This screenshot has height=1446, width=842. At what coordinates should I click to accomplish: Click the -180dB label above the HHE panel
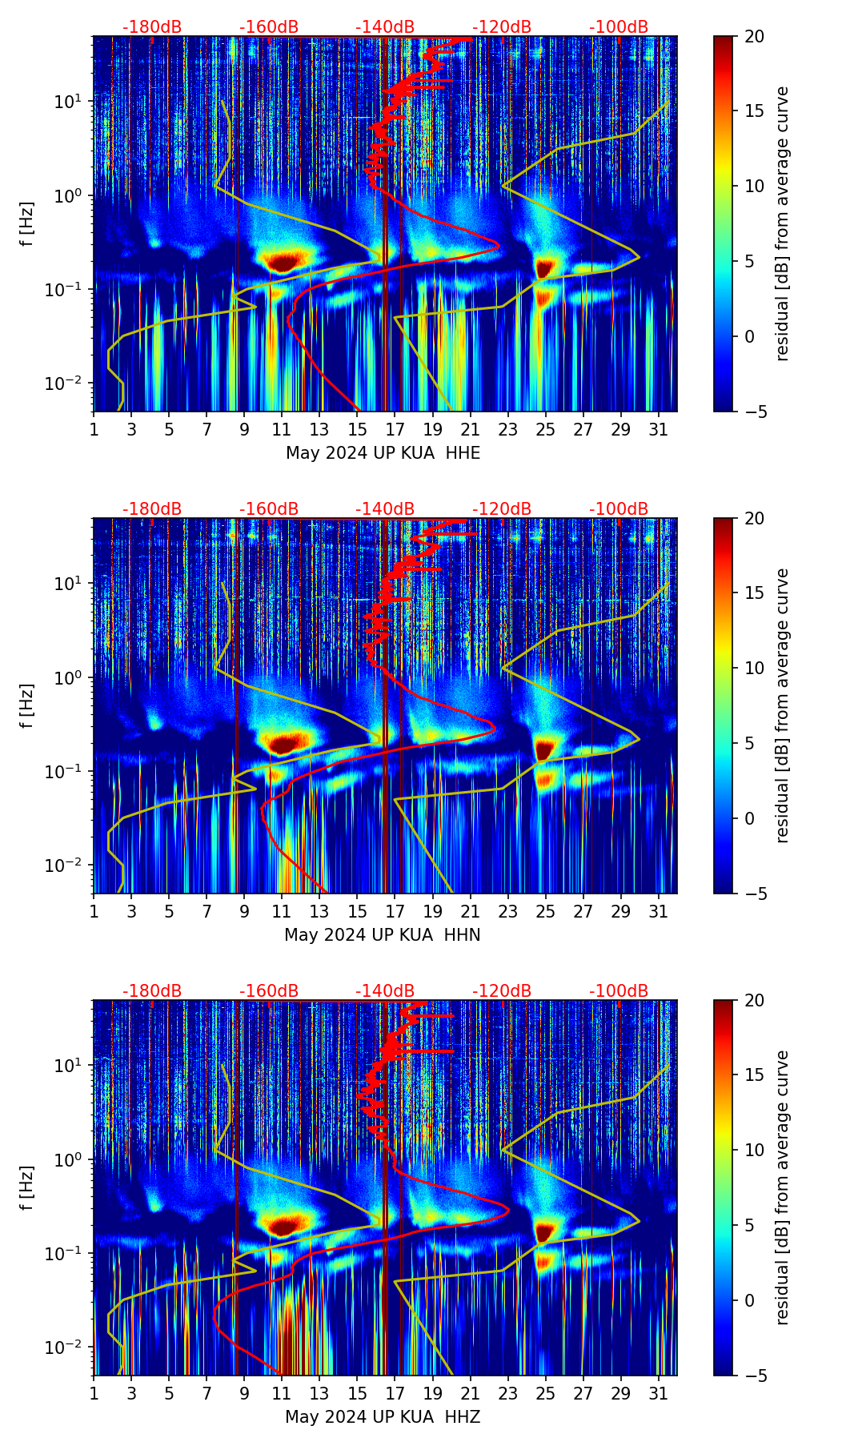[152, 27]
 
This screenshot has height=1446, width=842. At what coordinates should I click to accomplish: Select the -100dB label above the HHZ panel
[619, 991]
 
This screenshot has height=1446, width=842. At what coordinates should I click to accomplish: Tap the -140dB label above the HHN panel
[385, 509]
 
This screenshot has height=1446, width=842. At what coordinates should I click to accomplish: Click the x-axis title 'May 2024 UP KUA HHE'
[383, 453]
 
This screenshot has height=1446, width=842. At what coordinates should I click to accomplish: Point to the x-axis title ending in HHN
[383, 935]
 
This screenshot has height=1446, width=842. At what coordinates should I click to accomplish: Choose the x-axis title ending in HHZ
[383, 1417]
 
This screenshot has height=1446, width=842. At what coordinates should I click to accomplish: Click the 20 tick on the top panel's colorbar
[755, 36]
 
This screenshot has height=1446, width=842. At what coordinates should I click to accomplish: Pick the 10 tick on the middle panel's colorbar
[755, 668]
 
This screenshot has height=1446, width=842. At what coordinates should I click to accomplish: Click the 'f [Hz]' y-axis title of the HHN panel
[27, 705]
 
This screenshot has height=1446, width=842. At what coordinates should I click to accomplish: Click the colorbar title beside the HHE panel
[782, 223]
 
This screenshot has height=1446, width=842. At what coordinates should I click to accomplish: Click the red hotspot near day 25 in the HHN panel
[544, 749]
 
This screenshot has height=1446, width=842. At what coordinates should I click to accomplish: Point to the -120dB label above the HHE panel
[502, 27]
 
